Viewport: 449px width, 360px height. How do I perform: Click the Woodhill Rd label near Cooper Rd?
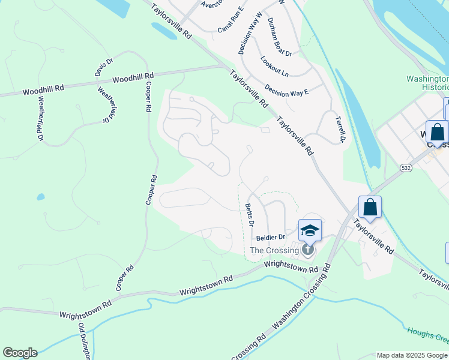133,78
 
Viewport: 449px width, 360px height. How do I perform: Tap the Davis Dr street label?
103,68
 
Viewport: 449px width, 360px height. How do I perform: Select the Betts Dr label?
250,215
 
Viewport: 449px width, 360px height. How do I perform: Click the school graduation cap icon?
310,230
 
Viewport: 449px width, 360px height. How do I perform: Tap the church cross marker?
308,250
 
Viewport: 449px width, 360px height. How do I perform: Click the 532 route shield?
406,169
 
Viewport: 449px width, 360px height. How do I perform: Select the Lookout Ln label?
274,66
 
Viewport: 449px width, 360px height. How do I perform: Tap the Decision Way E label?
286,92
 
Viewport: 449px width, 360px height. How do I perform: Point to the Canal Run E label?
231,20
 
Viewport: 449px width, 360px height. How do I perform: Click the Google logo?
20,353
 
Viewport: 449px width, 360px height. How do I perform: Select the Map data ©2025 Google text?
411,355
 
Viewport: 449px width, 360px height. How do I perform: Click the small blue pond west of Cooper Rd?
40,197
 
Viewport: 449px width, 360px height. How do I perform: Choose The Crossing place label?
274,250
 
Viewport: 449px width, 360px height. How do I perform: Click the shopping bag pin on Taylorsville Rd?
370,208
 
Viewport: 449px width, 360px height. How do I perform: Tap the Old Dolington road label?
83,342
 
